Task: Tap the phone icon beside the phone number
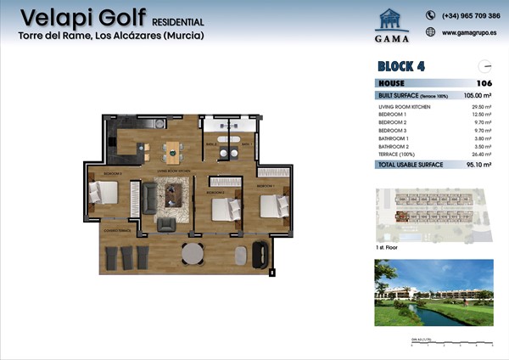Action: pos(430,15)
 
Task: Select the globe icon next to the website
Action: pos(430,32)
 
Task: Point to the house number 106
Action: pos(484,83)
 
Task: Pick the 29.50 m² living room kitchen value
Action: pos(482,107)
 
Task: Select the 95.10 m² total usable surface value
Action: pos(481,164)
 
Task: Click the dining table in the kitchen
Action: pos(173,153)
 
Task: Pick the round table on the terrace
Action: pos(194,253)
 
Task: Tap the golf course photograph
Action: pos(433,292)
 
